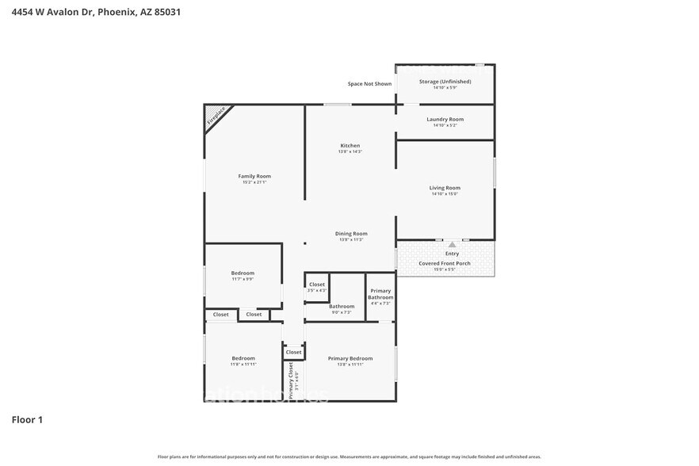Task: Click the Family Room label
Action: [254, 176]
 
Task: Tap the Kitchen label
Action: [350, 146]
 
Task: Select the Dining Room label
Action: [350, 234]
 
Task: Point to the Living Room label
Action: [445, 188]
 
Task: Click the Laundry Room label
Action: [445, 119]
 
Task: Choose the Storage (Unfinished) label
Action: [445, 82]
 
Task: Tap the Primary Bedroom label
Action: [350, 358]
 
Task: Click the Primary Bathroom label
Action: [380, 295]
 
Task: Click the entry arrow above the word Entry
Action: [452, 245]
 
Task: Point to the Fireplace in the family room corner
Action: [216, 117]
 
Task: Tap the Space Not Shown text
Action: [369, 83]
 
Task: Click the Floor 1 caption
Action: [27, 419]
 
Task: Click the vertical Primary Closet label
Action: [292, 380]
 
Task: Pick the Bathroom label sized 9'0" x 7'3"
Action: [342, 307]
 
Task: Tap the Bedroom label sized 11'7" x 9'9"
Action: [243, 273]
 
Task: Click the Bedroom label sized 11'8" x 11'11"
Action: [243, 358]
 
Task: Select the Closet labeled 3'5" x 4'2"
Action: [317, 285]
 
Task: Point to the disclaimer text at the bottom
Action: [349, 457]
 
